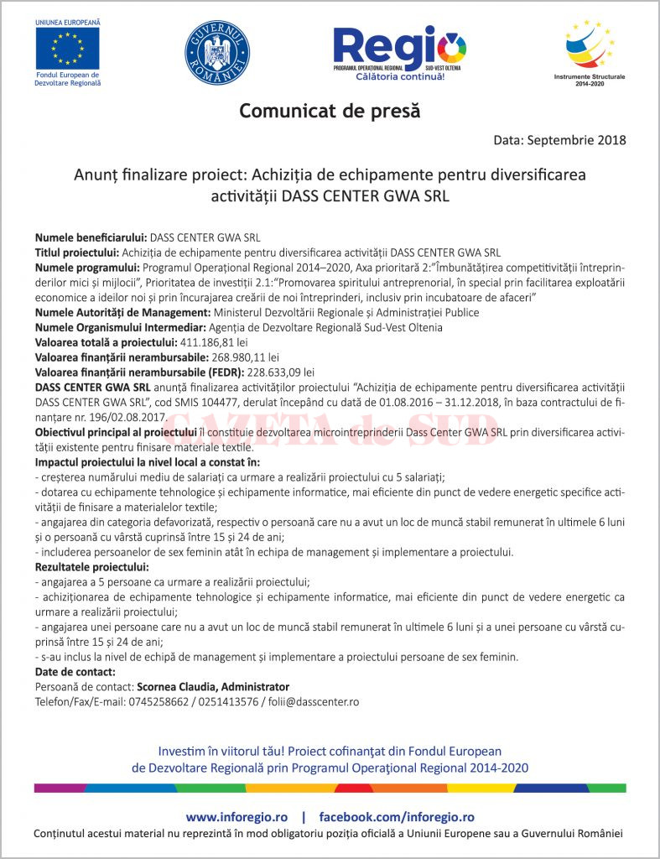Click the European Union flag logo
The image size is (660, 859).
[67, 48]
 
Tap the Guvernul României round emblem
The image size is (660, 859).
[216, 51]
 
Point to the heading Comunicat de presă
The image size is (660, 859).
[330, 111]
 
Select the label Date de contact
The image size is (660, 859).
[75, 672]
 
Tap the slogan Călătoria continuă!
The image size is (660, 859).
[400, 76]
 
